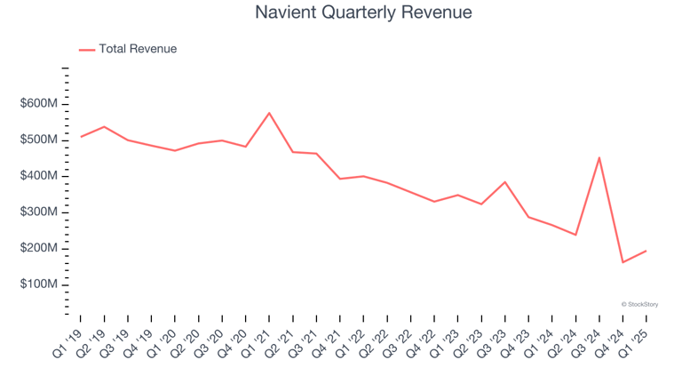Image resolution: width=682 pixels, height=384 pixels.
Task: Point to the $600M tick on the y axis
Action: [39, 104]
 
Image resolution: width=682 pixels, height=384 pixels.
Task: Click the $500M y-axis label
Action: [39, 140]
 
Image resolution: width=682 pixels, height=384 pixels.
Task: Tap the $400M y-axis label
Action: [39, 176]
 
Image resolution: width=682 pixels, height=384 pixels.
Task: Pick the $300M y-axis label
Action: [39, 212]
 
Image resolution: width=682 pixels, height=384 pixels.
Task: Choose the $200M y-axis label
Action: [39, 248]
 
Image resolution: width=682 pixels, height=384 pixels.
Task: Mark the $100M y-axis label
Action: [39, 284]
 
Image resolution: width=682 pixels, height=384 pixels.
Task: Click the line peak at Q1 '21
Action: [269, 113]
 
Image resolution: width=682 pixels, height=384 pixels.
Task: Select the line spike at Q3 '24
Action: [599, 157]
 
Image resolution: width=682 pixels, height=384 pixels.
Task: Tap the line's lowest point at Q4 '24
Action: [623, 262]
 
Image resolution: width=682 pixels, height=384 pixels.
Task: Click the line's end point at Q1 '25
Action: [646, 251]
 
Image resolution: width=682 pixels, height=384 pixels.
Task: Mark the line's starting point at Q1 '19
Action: [81, 137]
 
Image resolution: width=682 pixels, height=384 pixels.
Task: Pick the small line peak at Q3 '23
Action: [505, 182]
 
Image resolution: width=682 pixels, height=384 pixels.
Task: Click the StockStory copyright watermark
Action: [639, 304]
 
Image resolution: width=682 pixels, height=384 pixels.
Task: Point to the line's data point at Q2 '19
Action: [104, 126]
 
